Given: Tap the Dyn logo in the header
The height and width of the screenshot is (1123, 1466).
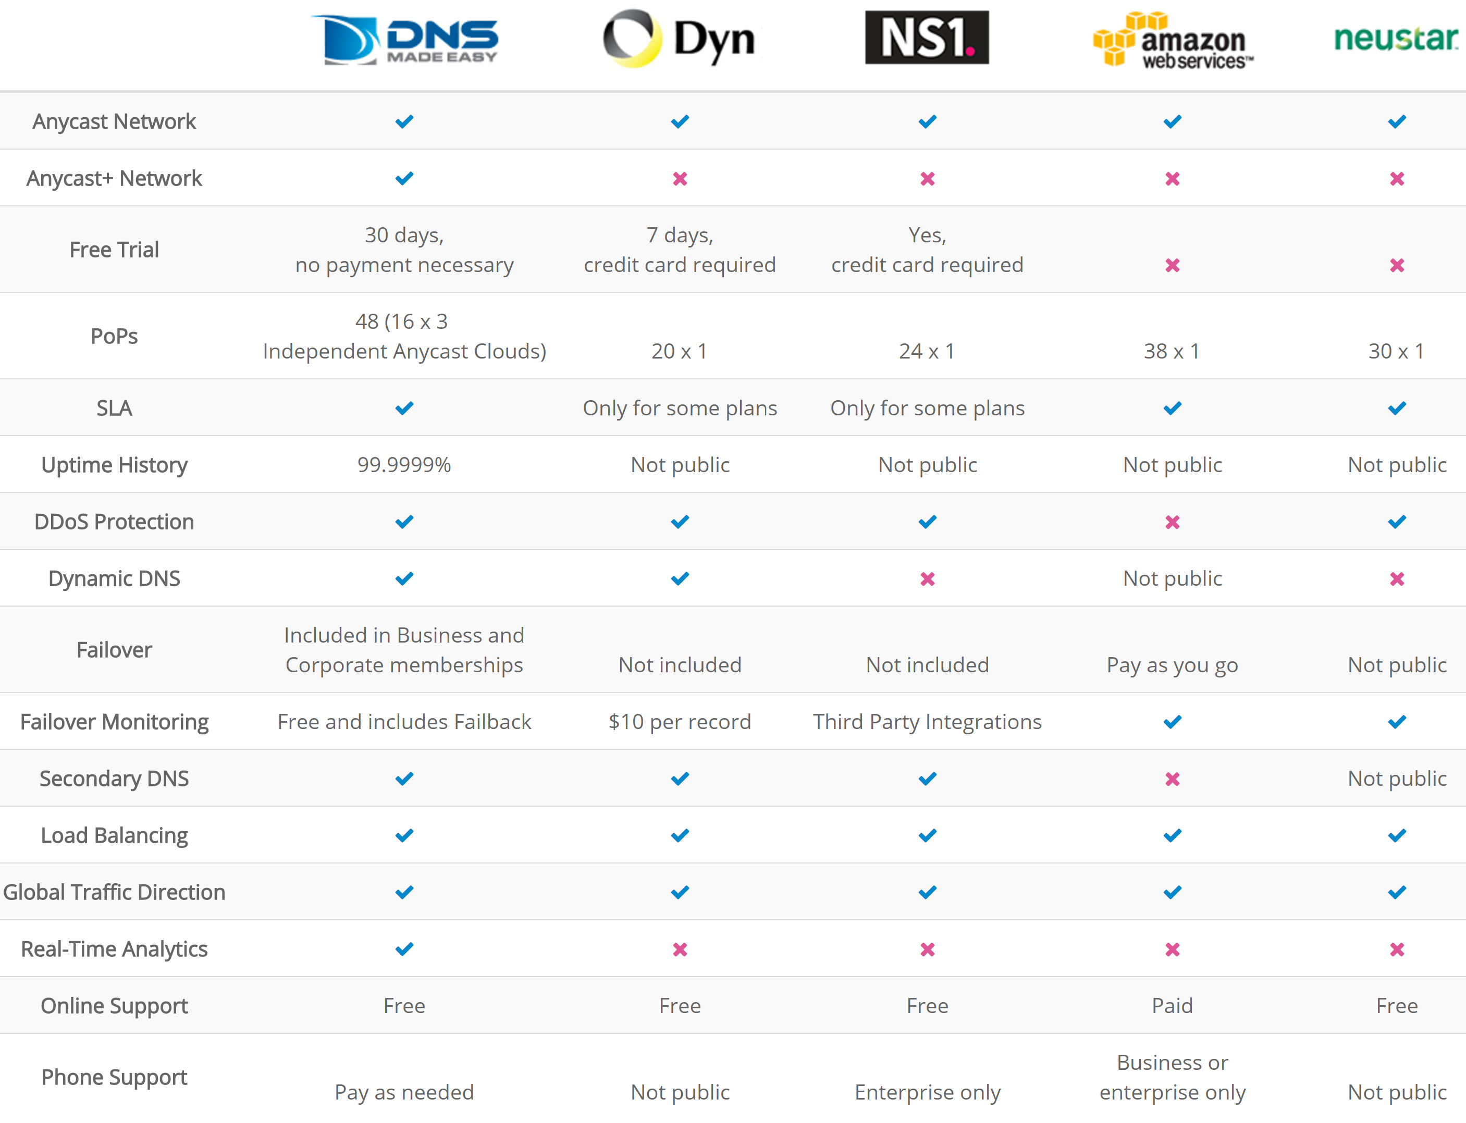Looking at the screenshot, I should click(679, 39).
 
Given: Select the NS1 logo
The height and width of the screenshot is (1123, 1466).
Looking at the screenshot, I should click(927, 38).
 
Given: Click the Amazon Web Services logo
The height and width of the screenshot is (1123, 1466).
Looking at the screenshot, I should click(1173, 40).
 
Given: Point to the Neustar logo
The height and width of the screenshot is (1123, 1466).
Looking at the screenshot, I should click(1396, 39).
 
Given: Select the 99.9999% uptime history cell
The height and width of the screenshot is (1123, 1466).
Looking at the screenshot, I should click(404, 465).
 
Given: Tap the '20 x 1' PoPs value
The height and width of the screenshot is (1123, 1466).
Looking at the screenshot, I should click(679, 351).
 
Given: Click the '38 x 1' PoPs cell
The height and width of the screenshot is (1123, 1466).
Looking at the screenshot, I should click(1172, 351).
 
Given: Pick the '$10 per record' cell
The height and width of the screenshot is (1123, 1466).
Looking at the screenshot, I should click(679, 722).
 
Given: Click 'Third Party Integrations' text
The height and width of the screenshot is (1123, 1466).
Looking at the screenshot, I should click(927, 722).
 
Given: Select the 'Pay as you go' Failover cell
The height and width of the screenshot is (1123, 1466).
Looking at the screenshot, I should click(1172, 665).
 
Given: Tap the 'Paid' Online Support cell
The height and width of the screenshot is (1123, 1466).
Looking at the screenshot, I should click(1172, 1006).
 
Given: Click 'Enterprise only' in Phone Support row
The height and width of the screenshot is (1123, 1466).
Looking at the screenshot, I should click(927, 1092).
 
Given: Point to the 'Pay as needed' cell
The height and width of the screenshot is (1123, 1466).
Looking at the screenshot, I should click(404, 1092).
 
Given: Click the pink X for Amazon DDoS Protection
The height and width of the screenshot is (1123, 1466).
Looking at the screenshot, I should click(1172, 522).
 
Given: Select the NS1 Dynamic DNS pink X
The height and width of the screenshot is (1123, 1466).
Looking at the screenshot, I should click(927, 579).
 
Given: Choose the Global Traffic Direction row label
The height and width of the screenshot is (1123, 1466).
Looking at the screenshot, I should click(114, 892).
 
